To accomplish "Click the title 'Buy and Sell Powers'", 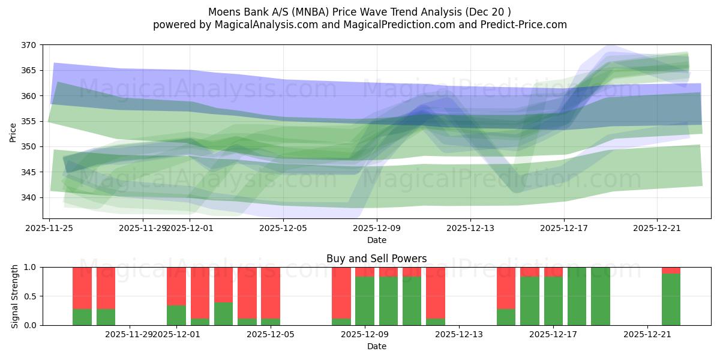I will click(x=376, y=259).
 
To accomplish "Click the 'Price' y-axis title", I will click(x=13, y=132).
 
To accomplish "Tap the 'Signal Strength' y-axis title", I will click(x=16, y=296).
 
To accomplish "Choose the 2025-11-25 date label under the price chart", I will click(x=49, y=228).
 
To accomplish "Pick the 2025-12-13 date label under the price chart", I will click(x=470, y=228).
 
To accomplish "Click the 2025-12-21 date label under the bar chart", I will click(x=647, y=334).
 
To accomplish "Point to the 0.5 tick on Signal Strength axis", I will click(x=30, y=296).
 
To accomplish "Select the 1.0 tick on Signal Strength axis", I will click(x=30, y=267).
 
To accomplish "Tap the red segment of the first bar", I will click(x=82, y=288).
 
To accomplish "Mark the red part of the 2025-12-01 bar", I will click(x=176, y=286).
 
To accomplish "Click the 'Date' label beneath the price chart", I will click(x=376, y=240).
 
